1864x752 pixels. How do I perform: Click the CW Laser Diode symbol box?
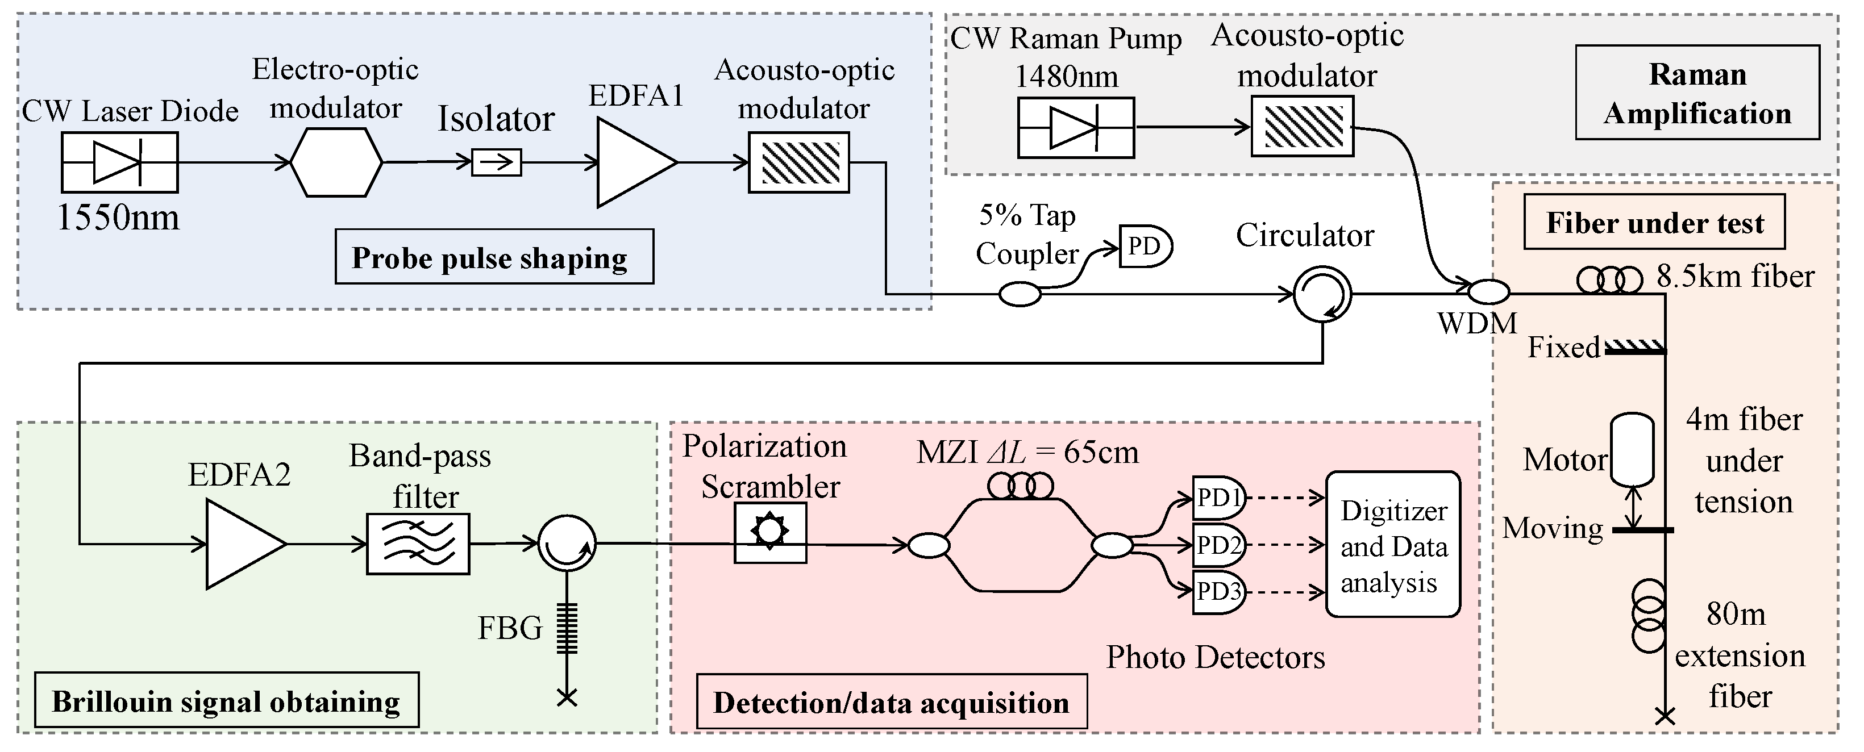click(119, 162)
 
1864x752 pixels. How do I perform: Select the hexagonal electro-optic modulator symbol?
click(336, 162)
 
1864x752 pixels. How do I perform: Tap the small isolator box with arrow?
click(496, 162)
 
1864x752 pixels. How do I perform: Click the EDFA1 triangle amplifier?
click(631, 162)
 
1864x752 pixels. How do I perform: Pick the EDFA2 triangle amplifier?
click(241, 544)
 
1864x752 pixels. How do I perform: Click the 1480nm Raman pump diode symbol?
click(1075, 128)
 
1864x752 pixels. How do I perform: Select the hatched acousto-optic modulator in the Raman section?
click(1302, 127)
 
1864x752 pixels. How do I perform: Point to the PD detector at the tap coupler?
click(1144, 247)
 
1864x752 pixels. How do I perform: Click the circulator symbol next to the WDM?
click(1322, 294)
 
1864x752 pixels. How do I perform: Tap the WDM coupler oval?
click(1488, 292)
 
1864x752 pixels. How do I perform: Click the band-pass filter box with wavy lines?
click(418, 544)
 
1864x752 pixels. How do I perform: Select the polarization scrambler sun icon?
click(770, 532)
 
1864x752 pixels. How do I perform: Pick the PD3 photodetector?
click(1218, 591)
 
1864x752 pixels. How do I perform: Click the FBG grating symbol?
click(567, 628)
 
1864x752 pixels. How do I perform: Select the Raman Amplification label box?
click(1697, 93)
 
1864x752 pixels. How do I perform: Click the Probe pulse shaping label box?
click(494, 257)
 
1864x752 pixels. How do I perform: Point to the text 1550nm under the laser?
click(118, 216)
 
